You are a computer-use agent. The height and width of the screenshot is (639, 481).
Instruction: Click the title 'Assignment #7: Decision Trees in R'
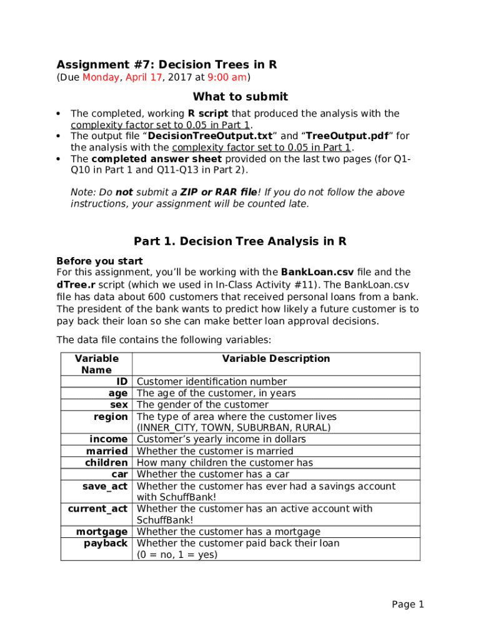click(167, 65)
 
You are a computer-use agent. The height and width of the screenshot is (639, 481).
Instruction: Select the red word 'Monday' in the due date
click(101, 78)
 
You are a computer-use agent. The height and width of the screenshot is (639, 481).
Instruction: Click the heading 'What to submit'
click(241, 97)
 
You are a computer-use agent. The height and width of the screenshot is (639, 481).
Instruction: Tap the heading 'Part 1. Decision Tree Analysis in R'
click(241, 241)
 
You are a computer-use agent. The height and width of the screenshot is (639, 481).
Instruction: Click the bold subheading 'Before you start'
click(99, 261)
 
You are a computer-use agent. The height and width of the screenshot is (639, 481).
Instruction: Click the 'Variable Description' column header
click(275, 359)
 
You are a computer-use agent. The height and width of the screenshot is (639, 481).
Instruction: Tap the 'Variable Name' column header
click(96, 364)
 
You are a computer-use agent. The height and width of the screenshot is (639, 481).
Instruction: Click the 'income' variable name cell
click(108, 439)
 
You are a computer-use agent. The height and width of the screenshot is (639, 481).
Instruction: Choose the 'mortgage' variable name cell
click(102, 532)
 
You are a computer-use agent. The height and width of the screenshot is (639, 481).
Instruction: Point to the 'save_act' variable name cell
click(105, 486)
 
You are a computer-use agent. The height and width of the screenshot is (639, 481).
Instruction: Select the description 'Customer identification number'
click(212, 382)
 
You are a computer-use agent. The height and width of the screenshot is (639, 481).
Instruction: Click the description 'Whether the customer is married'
click(214, 451)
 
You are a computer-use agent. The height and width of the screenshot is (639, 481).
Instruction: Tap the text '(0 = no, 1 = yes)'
click(177, 554)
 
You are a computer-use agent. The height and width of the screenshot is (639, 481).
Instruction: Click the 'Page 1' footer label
click(408, 604)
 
